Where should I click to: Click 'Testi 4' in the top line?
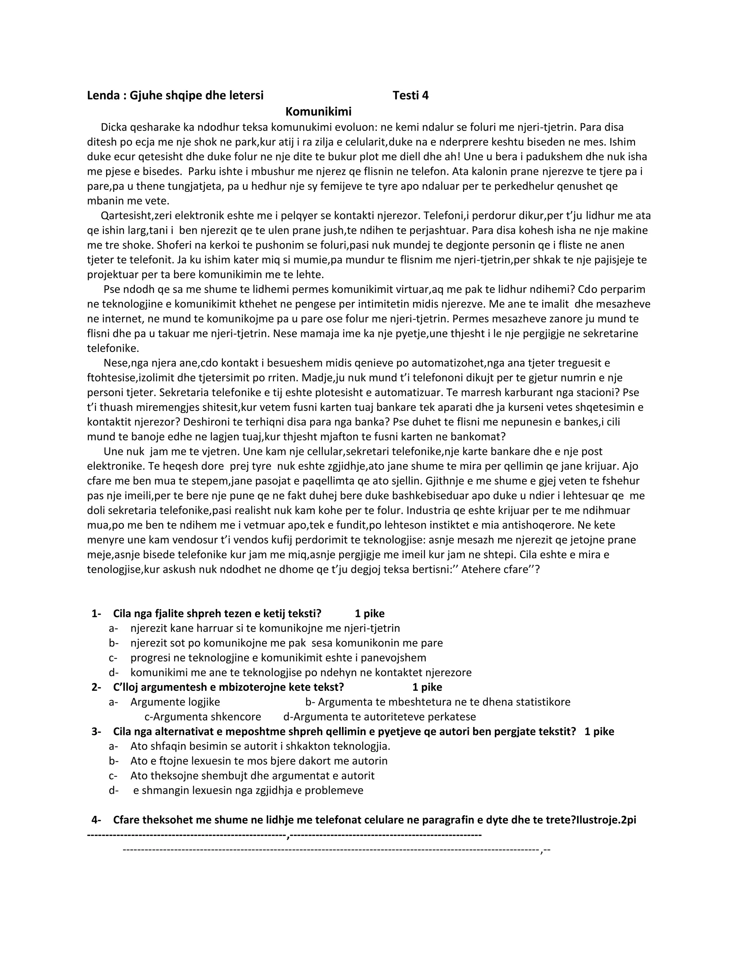tap(410, 96)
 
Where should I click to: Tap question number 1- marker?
tap(96, 613)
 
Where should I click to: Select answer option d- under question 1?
tap(113, 672)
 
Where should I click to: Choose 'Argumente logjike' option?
tap(175, 702)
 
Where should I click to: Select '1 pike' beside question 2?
tap(427, 687)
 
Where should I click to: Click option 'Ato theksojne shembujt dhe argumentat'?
tap(252, 776)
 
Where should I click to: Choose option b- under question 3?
tap(113, 761)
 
